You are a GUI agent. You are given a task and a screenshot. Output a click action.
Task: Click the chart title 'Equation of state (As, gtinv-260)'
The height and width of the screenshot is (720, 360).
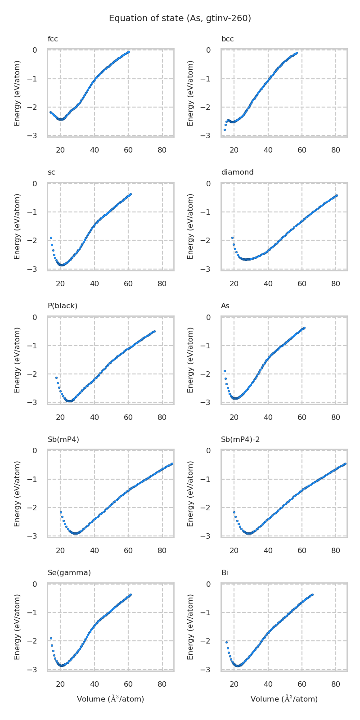180,18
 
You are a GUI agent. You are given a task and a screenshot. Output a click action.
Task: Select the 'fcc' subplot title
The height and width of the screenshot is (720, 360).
53,39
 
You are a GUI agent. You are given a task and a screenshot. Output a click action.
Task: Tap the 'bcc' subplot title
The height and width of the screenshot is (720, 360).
227,39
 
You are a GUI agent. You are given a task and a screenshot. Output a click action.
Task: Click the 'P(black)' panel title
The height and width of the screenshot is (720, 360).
63,306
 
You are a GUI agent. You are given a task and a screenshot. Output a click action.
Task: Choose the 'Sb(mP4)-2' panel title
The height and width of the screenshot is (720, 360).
240,439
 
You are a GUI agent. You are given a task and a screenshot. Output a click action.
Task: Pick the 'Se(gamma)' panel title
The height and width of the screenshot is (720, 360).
69,573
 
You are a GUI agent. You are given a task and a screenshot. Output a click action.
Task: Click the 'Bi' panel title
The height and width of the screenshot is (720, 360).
225,573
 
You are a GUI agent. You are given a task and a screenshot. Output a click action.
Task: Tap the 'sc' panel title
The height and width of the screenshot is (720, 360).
51,172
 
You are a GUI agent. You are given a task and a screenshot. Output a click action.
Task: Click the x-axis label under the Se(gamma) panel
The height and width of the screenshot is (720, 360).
111,699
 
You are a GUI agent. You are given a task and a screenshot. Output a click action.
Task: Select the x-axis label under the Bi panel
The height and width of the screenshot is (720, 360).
284,699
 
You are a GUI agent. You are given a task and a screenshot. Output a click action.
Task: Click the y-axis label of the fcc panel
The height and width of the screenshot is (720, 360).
17,93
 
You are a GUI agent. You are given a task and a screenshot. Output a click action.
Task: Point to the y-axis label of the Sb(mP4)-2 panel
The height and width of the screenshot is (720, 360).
191,494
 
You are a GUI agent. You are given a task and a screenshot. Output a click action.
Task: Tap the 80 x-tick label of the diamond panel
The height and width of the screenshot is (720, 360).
336,284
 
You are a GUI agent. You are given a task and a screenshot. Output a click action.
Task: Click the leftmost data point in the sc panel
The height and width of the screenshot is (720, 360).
51,238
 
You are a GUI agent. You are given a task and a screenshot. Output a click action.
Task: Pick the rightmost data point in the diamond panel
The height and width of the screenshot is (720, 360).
337,196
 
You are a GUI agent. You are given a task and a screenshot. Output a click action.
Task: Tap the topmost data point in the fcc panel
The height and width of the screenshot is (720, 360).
129,52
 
